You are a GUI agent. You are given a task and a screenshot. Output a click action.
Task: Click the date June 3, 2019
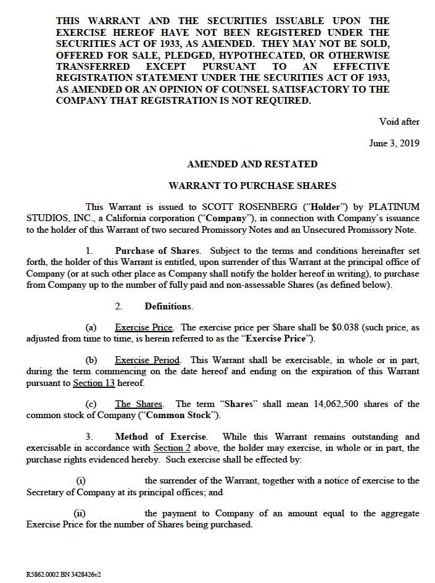point(394,143)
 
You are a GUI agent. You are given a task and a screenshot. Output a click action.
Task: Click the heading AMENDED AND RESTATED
point(252,164)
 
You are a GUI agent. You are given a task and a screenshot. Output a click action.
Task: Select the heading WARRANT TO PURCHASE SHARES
point(252,185)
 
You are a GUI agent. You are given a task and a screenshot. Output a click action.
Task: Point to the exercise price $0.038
point(362,328)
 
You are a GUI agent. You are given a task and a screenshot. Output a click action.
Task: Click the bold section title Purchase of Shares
point(157,251)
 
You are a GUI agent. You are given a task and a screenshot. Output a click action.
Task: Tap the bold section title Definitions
point(168,306)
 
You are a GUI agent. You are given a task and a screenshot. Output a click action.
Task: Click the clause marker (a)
point(91,328)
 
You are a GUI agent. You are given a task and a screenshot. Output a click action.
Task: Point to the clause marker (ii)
point(80,513)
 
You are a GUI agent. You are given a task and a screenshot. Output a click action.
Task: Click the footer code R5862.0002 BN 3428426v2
point(64,574)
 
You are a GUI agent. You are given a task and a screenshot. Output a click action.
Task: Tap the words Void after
point(399,122)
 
